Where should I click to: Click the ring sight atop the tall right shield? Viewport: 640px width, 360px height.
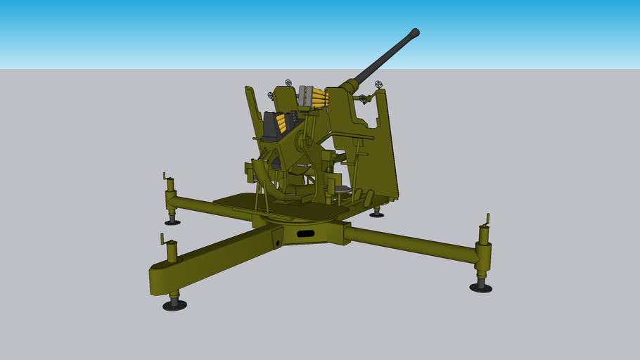[379, 85]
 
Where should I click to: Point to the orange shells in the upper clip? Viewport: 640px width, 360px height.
[321, 98]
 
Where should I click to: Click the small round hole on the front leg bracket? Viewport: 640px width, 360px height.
[279, 243]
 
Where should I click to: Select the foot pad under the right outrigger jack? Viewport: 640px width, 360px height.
[481, 287]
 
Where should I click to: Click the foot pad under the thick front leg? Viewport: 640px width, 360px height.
[174, 305]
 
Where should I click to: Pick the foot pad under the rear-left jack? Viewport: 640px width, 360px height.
[172, 222]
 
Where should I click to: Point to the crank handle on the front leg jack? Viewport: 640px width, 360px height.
[166, 240]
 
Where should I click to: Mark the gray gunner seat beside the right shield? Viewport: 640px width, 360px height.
[340, 188]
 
